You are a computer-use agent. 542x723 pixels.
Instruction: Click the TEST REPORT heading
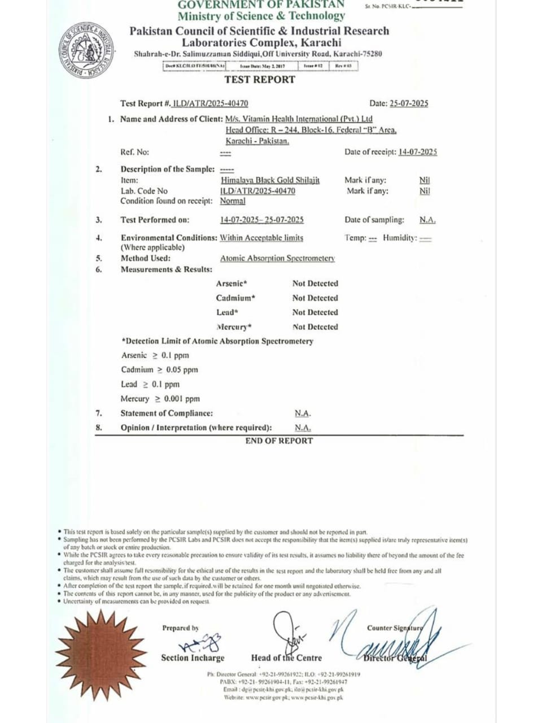[x=260, y=80]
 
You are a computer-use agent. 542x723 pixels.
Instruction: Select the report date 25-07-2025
[x=408, y=103]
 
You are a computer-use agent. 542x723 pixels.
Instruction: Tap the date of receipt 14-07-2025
[x=417, y=152]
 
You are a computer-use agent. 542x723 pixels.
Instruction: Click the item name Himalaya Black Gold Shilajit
[x=270, y=180]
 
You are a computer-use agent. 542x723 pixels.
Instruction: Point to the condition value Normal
[x=233, y=201]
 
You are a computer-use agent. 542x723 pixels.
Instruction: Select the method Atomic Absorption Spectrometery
[x=277, y=258]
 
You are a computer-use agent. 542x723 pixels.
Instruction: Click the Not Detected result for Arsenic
[x=315, y=284]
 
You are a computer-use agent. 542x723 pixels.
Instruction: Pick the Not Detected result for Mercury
[x=315, y=327]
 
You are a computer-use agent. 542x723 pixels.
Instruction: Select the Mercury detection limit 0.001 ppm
[x=182, y=399]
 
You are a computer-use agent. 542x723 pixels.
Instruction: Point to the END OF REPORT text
[x=279, y=441]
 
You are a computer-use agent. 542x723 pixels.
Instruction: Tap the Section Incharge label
[x=193, y=658]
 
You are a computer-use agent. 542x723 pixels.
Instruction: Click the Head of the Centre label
[x=286, y=658]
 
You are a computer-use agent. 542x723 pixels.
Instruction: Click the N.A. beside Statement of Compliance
[x=303, y=413]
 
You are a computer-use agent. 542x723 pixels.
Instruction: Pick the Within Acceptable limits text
[x=261, y=238]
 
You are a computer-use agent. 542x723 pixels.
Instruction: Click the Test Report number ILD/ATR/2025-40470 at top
[x=211, y=103]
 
